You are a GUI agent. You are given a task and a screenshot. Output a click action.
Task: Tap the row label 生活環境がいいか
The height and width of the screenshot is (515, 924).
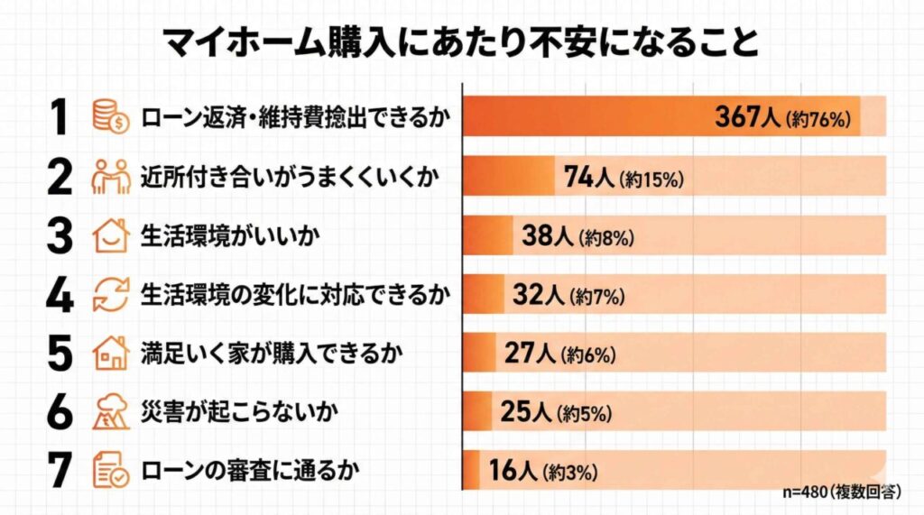pyautogui.click(x=219, y=236)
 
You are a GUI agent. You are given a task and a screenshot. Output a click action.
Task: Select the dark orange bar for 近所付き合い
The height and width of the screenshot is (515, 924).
pyautogui.click(x=508, y=178)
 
